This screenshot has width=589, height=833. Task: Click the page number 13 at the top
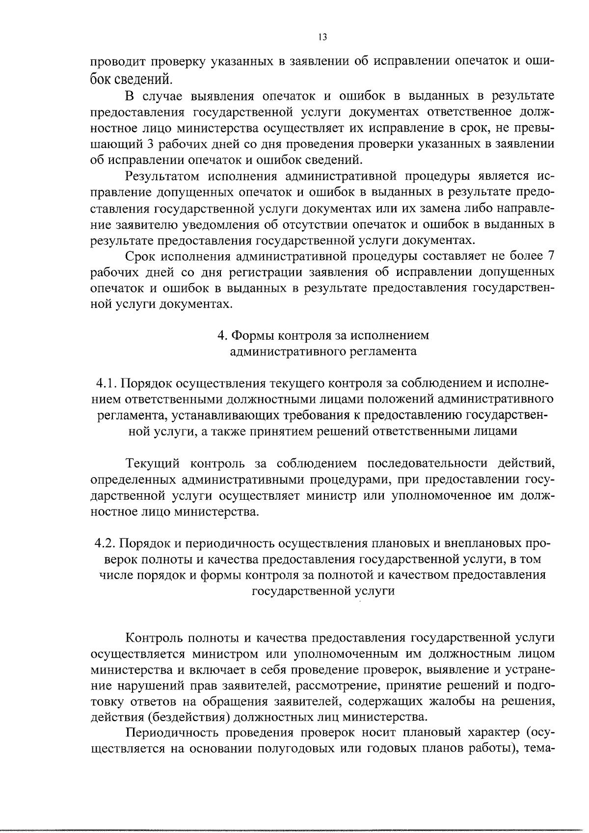322,37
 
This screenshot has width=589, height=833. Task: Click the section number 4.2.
106,543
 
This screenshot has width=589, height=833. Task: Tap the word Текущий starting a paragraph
154,463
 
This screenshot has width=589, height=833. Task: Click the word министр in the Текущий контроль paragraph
331,496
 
